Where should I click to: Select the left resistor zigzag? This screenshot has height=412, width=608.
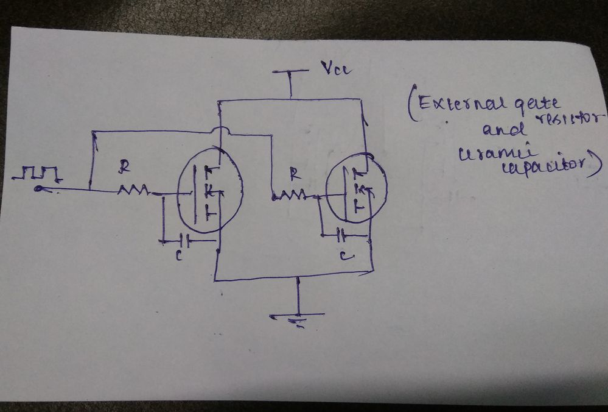133,191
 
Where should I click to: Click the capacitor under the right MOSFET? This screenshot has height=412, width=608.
343,233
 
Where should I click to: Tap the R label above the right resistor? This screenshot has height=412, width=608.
294,174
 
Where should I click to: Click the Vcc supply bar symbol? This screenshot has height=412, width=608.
291,71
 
